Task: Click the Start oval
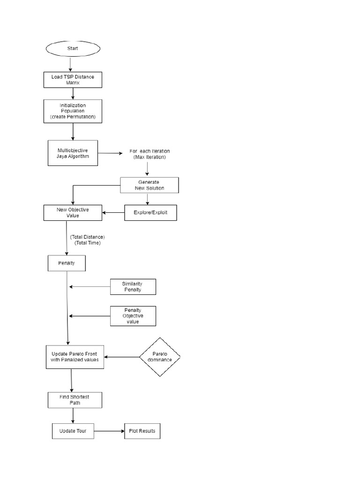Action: (x=73, y=49)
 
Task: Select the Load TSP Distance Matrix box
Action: (x=73, y=79)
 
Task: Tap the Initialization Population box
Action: (x=73, y=111)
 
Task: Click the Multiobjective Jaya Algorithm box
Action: (x=73, y=153)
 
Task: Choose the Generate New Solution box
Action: (x=149, y=185)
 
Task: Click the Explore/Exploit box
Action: (x=150, y=213)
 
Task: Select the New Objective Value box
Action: (x=73, y=213)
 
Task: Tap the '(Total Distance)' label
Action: (x=87, y=237)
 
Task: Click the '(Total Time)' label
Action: (x=87, y=243)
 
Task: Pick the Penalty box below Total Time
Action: (x=67, y=263)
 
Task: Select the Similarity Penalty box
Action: (x=133, y=287)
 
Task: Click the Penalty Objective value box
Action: (x=133, y=316)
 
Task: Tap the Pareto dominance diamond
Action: (x=160, y=357)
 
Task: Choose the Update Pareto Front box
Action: (x=75, y=357)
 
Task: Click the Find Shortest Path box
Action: (x=75, y=400)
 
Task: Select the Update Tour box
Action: (x=73, y=431)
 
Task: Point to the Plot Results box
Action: (x=142, y=431)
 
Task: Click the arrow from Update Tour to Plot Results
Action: (x=109, y=431)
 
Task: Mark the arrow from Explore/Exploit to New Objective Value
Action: (x=113, y=213)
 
